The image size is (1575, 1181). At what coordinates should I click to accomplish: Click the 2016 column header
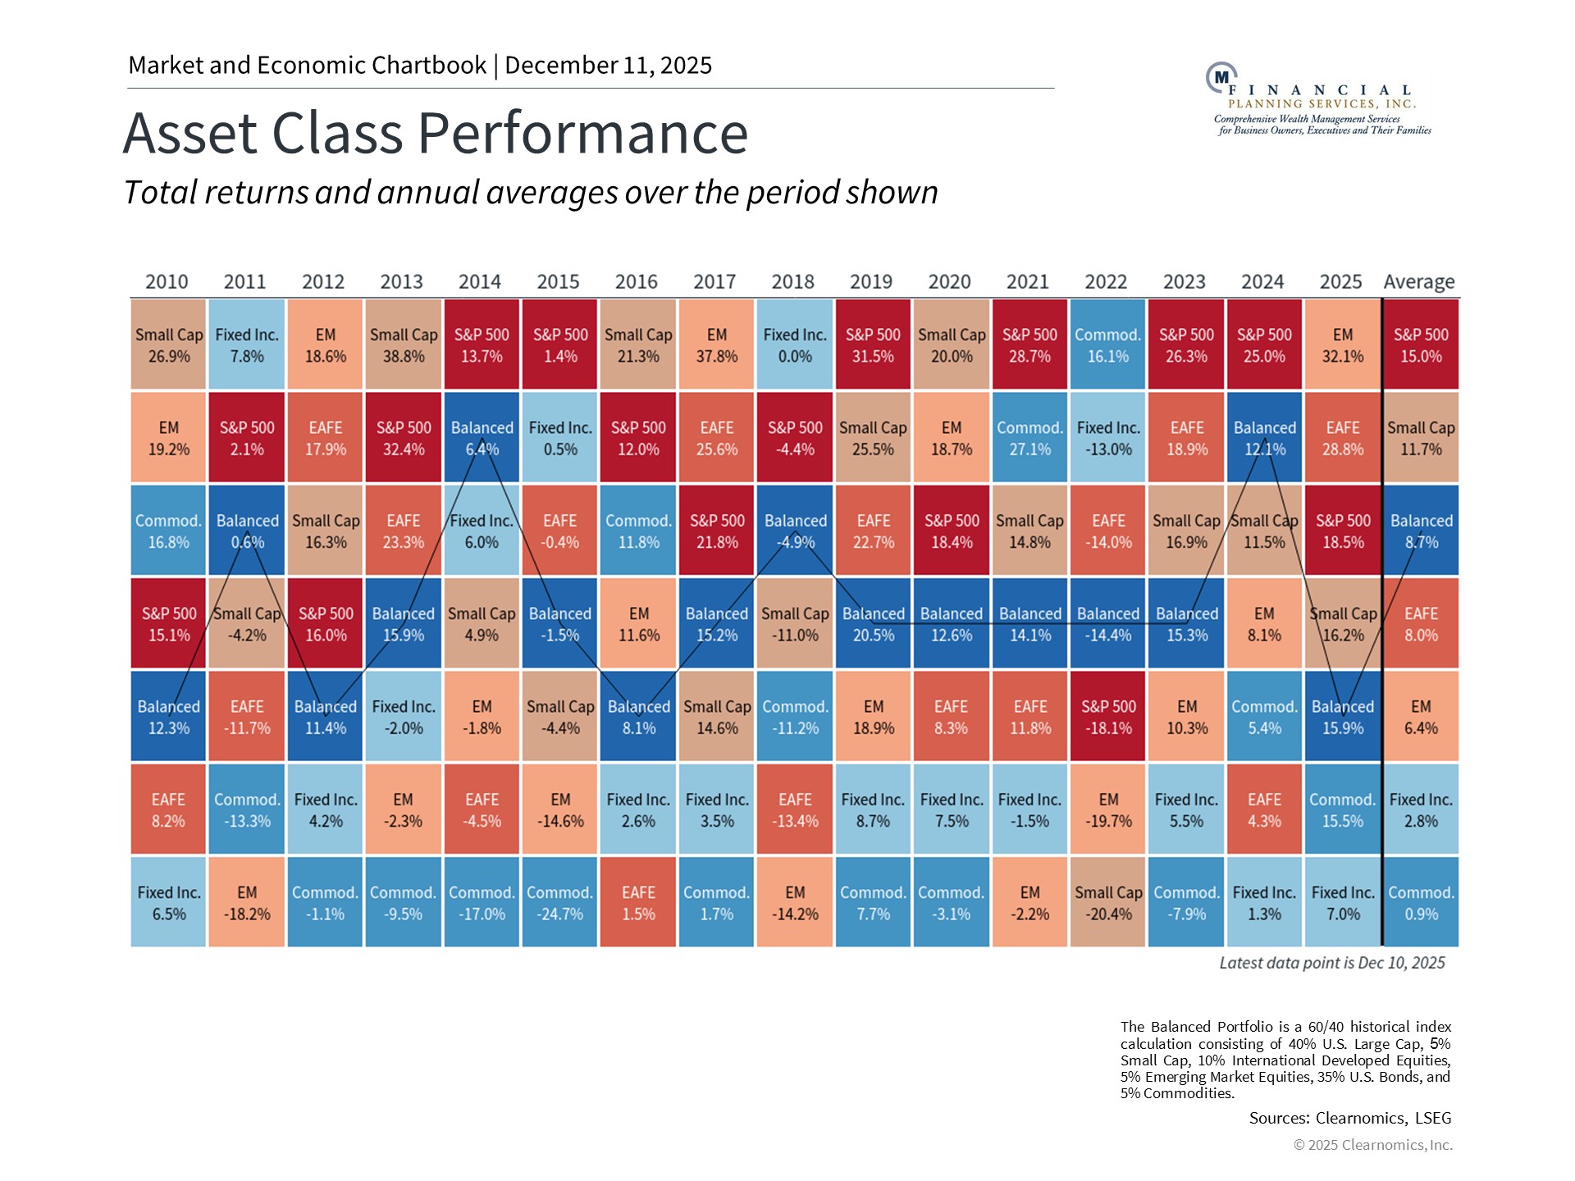coord(636,281)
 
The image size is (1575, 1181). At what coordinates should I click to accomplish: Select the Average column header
coord(1419,281)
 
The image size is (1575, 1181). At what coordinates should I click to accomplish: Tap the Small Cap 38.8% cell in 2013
coord(403,345)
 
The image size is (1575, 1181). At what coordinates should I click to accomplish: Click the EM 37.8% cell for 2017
coord(716,345)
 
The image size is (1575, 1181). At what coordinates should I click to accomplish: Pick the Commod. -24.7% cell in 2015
coord(559,903)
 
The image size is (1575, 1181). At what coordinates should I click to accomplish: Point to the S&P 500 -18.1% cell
coord(1107,717)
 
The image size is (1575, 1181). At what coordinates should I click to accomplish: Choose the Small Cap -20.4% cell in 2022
coord(1107,903)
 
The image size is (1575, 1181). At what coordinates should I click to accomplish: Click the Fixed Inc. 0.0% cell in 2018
coord(795,345)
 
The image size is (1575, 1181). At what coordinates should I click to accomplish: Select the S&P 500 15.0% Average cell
coord(1421,345)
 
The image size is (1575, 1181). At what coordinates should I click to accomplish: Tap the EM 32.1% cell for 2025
coord(1342,345)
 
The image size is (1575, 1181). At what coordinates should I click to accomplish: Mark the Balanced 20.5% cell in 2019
coord(873,624)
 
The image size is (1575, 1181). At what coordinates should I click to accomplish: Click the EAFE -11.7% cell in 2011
coord(247,717)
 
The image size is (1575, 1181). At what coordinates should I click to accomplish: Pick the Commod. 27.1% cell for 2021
coord(1029,438)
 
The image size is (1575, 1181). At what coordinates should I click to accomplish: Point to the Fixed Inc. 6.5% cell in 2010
coord(168,903)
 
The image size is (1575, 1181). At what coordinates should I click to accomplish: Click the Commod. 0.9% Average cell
coord(1421,903)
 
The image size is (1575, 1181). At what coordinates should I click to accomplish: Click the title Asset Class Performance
coord(436,133)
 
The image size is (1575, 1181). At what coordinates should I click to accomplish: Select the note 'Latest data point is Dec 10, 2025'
coord(1331,963)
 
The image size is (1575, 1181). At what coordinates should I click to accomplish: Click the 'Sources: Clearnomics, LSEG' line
coord(1349,1118)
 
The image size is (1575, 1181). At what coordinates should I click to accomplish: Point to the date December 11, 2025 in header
coord(608,66)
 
